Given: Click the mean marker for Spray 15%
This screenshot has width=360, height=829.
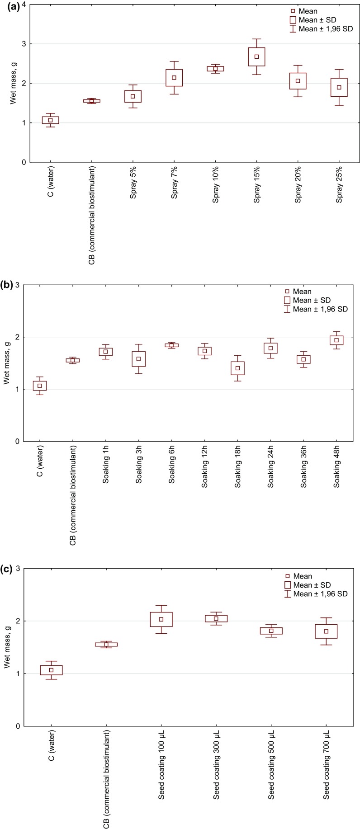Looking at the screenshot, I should click(256, 57).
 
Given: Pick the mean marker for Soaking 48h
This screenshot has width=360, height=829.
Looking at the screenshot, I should click(336, 340).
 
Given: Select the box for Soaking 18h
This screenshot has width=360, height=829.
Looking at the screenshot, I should click(237, 368).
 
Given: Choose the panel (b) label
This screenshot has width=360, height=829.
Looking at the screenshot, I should click(8, 286).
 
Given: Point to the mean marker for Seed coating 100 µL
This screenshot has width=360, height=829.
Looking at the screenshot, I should click(161, 619).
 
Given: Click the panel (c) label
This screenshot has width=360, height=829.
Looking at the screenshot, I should click(8, 570).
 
